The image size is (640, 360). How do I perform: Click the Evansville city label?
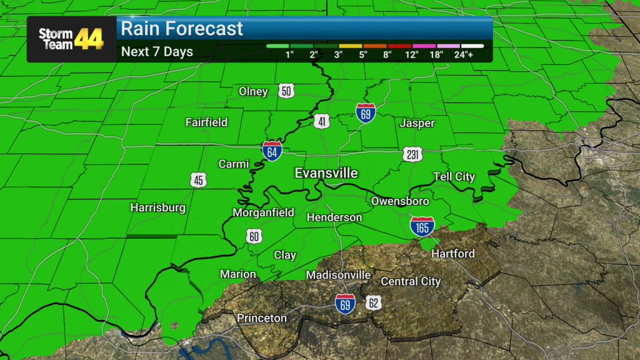click(326, 172)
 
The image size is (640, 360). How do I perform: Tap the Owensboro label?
click(400, 201)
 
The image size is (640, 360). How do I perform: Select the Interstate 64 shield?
click(272, 150)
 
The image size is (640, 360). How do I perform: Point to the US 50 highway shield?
click(286, 91)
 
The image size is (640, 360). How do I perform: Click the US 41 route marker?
click(322, 122)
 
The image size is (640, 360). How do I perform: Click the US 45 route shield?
click(199, 181)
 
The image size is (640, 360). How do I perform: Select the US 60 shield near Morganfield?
click(253, 236)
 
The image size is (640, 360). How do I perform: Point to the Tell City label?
click(454, 177)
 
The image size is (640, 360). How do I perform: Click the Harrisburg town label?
click(157, 207)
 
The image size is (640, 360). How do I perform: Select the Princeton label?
click(262, 318)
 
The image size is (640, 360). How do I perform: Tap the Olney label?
click(253, 91)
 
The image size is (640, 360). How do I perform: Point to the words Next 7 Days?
click(157, 52)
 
